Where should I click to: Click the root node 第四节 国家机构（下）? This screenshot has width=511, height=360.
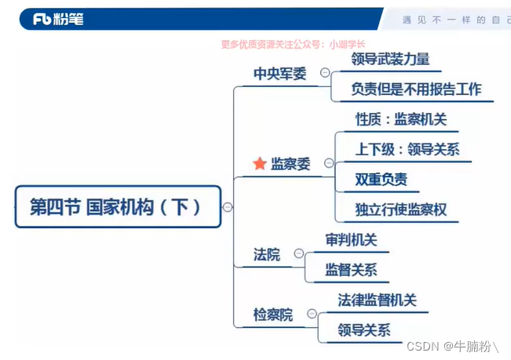tap(115, 207)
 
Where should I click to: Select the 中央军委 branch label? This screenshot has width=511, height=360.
tap(280, 74)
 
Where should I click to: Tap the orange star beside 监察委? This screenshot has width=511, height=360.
tap(259, 164)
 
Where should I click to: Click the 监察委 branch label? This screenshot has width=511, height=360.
tap(290, 164)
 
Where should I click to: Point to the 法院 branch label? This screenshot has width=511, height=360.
tap(267, 254)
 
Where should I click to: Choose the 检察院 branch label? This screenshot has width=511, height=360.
tap(273, 315)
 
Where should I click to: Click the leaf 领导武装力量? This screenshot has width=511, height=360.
tap(390, 59)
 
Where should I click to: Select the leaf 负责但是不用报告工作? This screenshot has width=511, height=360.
tap(416, 89)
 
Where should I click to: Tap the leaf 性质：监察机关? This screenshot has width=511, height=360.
tap(401, 119)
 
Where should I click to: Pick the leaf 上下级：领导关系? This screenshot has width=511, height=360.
tap(407, 149)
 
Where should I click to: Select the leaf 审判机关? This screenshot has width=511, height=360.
tap(351, 239)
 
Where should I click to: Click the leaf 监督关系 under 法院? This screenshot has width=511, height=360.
tap(351, 270)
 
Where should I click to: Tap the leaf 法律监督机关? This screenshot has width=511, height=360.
tap(378, 300)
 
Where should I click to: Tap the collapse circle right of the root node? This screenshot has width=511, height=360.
tap(228, 207)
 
